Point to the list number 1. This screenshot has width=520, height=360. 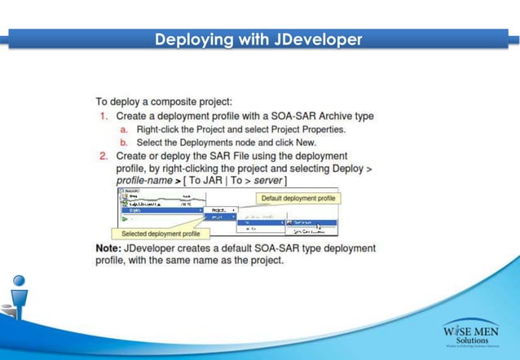(x=104, y=116)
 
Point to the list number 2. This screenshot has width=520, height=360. (x=104, y=156)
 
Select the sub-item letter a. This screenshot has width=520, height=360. (x=124, y=130)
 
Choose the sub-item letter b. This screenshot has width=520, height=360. (x=124, y=143)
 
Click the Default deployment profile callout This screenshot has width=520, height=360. (x=297, y=198)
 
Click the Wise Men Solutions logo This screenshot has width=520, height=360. (x=471, y=334)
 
